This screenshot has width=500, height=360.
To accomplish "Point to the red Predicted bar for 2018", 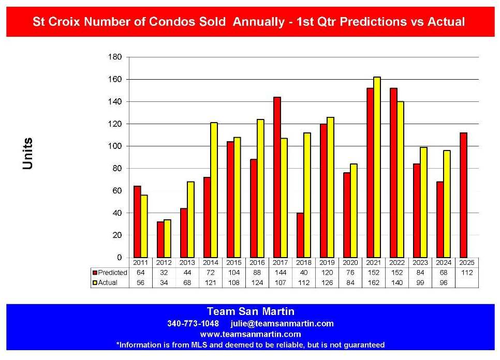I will coord(300,235).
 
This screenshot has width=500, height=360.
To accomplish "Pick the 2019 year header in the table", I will coord(327,263).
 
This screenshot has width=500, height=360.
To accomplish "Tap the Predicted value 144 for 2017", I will coord(281,273).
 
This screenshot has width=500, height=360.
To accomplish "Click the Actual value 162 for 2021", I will coord(374,283).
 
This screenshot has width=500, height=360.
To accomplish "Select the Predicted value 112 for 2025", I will coord(466,273).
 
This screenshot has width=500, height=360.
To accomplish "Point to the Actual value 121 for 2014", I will coord(211,283).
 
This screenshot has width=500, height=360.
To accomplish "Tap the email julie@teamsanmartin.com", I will coord(282,324).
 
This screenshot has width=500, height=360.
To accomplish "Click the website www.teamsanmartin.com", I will coord(250,334).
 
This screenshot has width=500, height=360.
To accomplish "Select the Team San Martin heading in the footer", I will coord(250,311).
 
